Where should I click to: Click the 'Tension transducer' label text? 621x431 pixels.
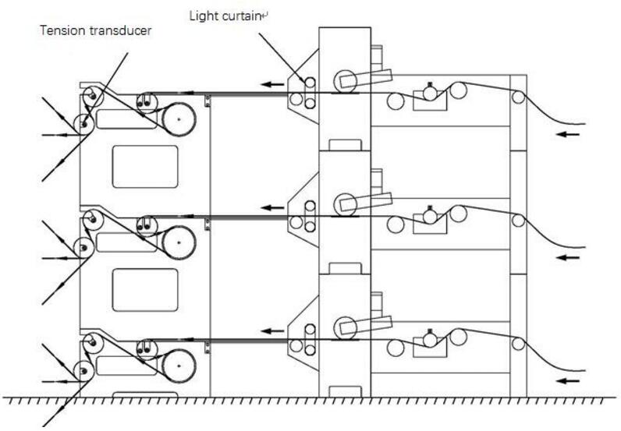95,30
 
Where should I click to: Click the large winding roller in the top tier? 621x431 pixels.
179,119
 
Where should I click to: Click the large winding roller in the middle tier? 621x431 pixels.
179,242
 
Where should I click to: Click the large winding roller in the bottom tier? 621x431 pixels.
179,366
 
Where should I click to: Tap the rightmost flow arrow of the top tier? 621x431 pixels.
567,134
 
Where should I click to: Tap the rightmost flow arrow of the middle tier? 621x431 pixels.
567,258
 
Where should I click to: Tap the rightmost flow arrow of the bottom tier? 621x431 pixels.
567,381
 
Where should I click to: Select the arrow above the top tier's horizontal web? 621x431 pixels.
272,84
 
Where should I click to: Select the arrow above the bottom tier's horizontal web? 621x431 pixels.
272,331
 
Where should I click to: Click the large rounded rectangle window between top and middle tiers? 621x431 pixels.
145,167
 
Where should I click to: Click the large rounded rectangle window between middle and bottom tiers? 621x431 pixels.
145,290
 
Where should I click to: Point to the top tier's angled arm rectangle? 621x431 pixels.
366,79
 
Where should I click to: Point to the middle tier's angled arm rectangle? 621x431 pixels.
366,201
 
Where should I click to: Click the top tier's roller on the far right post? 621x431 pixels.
519,97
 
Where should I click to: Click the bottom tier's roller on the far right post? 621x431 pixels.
519,344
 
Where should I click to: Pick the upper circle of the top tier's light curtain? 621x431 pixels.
310,83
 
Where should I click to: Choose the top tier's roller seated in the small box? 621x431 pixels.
430,94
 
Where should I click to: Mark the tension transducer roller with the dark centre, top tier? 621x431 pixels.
84,124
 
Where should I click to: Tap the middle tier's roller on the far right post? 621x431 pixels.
519,221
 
